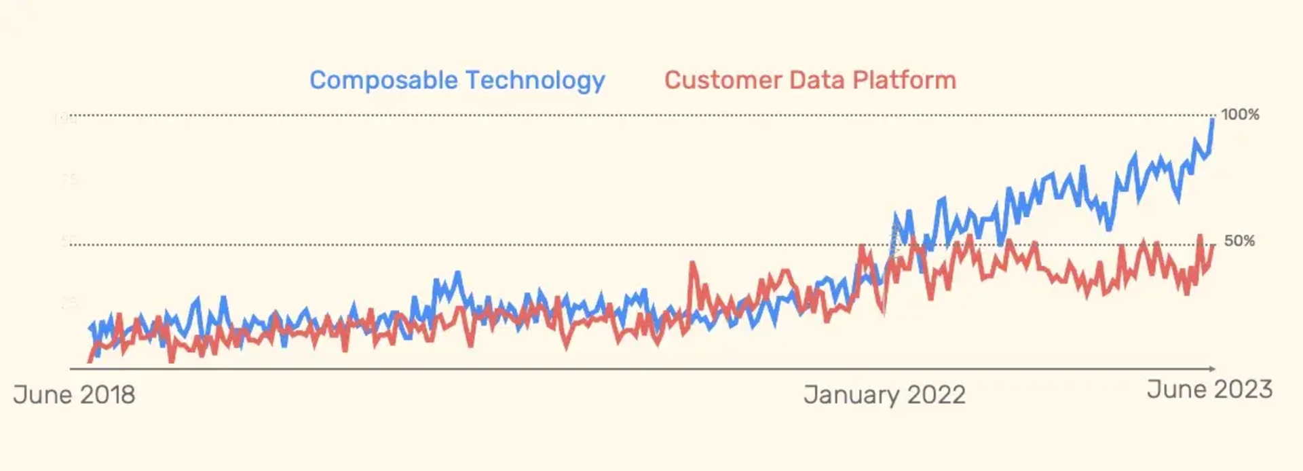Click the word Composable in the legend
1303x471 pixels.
(x=383, y=81)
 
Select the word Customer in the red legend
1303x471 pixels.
(x=722, y=80)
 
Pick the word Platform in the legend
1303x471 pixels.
(x=905, y=80)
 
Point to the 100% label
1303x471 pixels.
(x=1240, y=115)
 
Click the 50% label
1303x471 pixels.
(x=1239, y=241)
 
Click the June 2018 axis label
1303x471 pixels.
(x=74, y=394)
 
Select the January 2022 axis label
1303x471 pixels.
(x=884, y=394)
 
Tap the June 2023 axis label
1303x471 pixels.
(x=1209, y=390)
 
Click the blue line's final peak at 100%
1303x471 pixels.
(x=1213, y=120)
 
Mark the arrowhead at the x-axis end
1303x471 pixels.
(x=1212, y=369)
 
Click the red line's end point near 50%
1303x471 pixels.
(x=1213, y=246)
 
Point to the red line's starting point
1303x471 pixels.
(x=90, y=361)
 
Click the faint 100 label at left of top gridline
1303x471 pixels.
(x=65, y=119)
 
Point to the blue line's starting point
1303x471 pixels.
(x=90, y=327)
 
